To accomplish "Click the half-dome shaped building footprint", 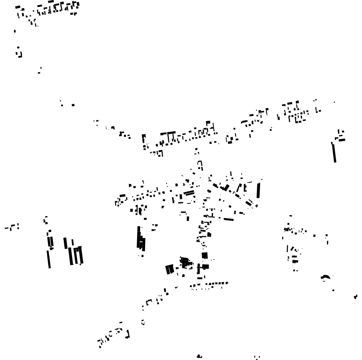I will click(326, 278).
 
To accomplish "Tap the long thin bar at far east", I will click(334, 152).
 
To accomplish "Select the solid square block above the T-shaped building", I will click(205, 256).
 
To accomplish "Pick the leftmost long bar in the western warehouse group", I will click(49, 259).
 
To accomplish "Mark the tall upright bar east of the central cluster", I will click(258, 191).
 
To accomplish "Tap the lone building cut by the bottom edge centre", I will click(199, 356).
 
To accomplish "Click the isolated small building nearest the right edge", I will click(355, 297).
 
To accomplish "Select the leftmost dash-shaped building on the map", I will click(7, 228).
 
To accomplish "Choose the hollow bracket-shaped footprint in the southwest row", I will click(127, 334).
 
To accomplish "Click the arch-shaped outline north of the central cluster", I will click(200, 166).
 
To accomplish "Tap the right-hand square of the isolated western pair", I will click(73, 105).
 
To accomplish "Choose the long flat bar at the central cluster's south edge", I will click(228, 219).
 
